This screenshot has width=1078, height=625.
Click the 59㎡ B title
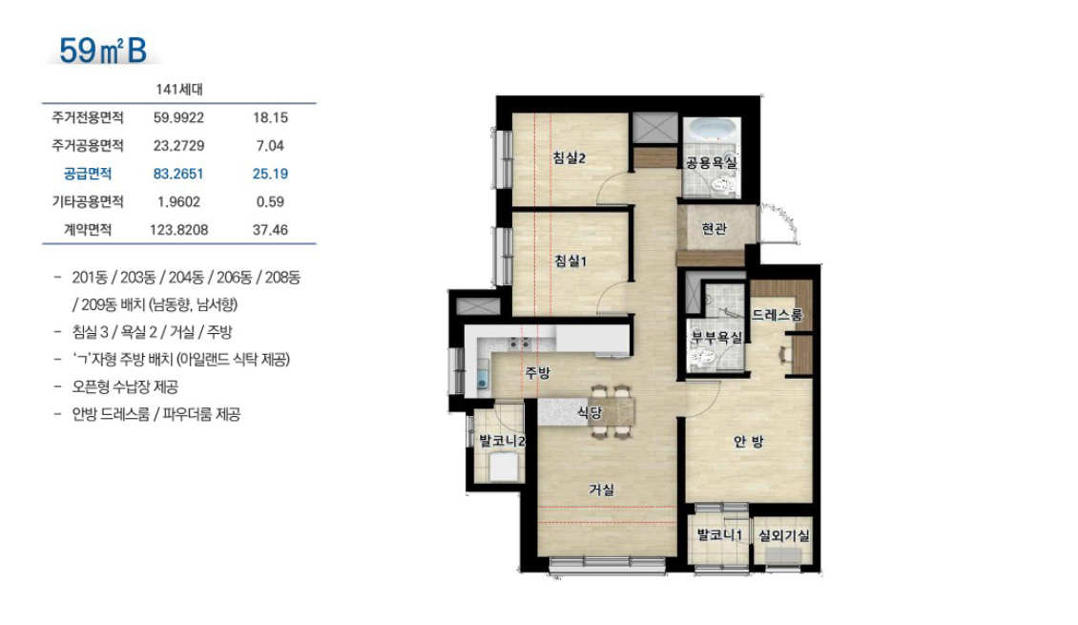tap(103, 51)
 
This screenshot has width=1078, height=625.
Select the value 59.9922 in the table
tap(178, 117)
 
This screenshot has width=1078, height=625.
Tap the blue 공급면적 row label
tap(88, 174)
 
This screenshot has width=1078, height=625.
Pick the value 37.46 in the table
tap(270, 230)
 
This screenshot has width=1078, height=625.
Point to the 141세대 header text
tap(178, 90)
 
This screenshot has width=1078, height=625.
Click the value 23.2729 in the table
tap(178, 146)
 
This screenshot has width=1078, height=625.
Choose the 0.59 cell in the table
tap(270, 201)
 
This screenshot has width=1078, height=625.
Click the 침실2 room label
tap(570, 158)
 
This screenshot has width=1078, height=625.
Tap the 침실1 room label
tap(570, 260)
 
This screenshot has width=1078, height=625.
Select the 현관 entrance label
tap(714, 228)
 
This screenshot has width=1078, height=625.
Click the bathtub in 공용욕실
tap(711, 130)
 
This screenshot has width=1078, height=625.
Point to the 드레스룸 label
tap(777, 315)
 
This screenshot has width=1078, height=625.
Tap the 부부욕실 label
tap(716, 338)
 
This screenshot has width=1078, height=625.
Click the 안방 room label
tap(749, 442)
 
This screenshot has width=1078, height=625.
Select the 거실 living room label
tap(602, 490)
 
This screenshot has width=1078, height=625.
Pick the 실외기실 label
tap(784, 535)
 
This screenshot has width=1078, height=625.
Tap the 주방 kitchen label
tap(538, 373)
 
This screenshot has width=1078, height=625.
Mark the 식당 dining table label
tap(590, 412)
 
